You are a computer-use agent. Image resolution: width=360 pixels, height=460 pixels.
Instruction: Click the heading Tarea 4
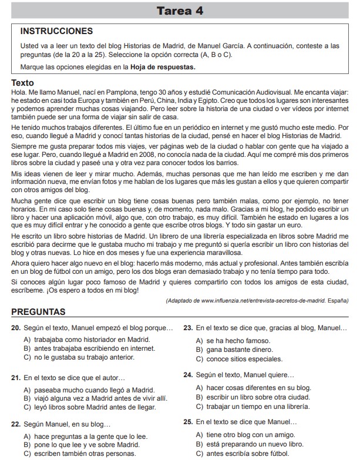click(180, 11)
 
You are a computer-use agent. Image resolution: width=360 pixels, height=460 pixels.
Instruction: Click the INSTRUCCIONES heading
click(57, 31)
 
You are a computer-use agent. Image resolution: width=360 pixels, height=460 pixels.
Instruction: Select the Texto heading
click(23, 83)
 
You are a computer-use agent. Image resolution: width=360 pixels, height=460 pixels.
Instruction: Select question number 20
click(16, 327)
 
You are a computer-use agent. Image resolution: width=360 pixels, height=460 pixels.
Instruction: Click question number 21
click(16, 377)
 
